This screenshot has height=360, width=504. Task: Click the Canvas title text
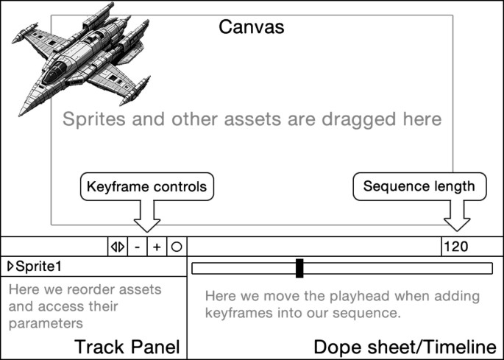(x=252, y=27)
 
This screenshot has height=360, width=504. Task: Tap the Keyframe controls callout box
(x=146, y=186)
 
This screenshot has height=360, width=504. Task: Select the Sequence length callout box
(x=420, y=186)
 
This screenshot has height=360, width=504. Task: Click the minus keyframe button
(x=138, y=247)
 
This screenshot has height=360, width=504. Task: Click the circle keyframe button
(x=176, y=247)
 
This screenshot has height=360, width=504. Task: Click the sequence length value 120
(x=456, y=247)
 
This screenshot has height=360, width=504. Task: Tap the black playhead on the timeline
(x=299, y=268)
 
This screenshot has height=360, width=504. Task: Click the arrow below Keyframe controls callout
(x=146, y=217)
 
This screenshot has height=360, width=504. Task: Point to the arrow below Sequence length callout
(x=457, y=217)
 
